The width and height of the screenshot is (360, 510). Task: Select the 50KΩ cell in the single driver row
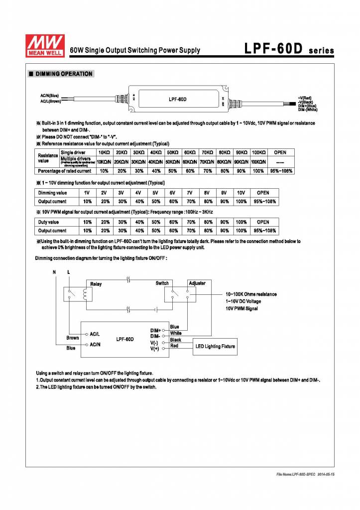172,152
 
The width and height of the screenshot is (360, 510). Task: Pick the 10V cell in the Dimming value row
241,192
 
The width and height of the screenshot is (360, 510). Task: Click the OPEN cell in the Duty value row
263,222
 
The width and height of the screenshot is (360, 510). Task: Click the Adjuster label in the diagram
197,283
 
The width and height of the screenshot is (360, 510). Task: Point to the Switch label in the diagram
162,283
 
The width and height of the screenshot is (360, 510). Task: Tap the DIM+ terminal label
156,330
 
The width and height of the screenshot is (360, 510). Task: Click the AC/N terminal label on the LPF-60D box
95,344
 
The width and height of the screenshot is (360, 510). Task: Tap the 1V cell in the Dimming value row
87,192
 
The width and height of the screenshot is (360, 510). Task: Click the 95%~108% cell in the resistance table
280,171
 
